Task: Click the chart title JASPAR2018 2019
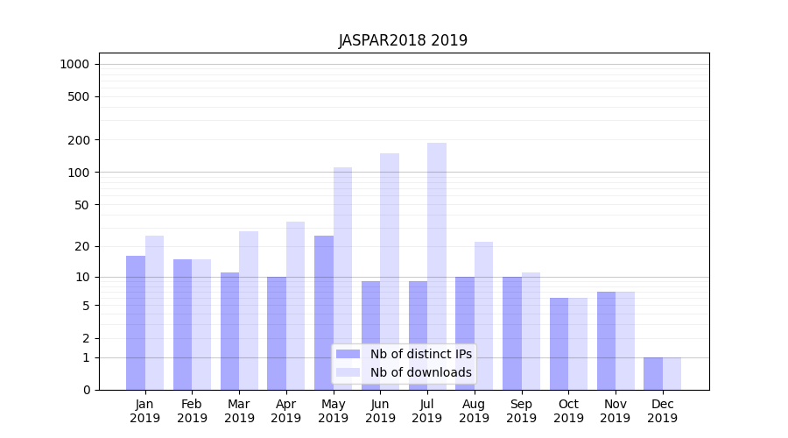click(x=403, y=41)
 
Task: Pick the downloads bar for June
click(x=390, y=272)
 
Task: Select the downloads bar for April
click(x=295, y=306)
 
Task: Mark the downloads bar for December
click(x=672, y=373)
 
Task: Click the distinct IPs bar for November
click(x=606, y=341)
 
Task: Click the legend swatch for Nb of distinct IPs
click(x=348, y=354)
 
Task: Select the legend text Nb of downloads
click(x=421, y=372)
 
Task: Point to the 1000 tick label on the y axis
click(x=74, y=64)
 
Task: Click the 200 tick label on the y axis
click(x=79, y=140)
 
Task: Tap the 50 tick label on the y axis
click(x=81, y=205)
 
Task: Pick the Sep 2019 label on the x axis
click(x=521, y=411)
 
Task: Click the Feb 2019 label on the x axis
click(x=192, y=411)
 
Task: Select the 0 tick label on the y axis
click(x=86, y=390)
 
